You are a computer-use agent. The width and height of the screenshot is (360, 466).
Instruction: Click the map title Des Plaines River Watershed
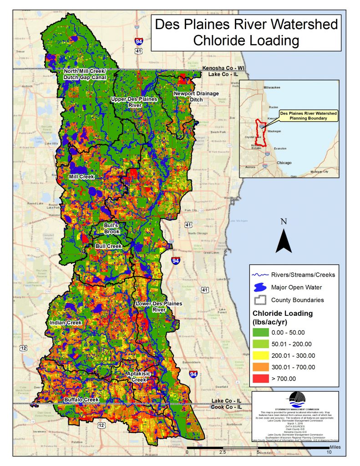click(x=246, y=24)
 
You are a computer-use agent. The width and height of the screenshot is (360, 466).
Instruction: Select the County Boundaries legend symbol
click(x=260, y=300)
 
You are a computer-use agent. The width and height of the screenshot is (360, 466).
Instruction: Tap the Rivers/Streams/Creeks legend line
click(x=260, y=275)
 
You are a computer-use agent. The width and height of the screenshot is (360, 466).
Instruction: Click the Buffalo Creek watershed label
click(x=81, y=400)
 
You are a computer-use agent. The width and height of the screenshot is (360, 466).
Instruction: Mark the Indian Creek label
click(x=66, y=323)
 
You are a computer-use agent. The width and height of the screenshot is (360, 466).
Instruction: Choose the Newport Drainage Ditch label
click(x=196, y=96)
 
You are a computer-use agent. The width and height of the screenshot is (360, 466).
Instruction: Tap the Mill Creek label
click(x=81, y=176)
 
